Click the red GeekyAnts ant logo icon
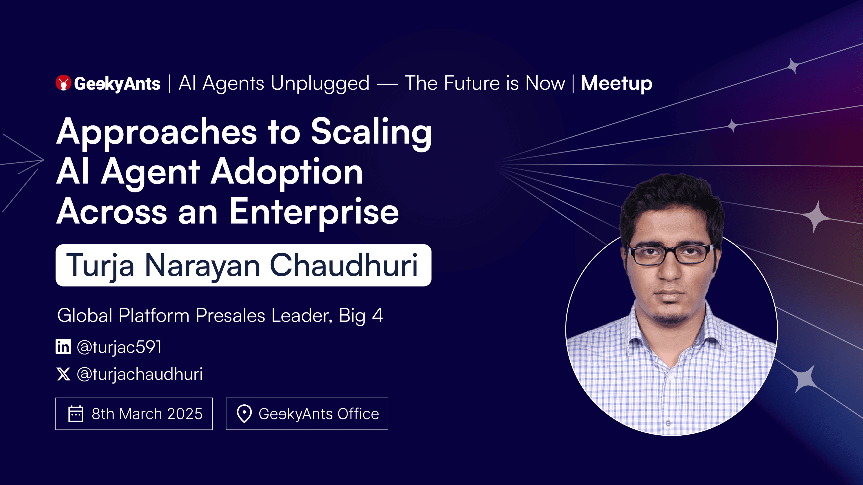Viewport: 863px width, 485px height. [x=63, y=83]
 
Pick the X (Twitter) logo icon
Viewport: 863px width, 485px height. [x=63, y=374]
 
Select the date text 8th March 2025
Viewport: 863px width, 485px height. [x=147, y=414]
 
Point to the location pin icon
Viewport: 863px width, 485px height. [x=244, y=414]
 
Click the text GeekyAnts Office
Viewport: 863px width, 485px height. [x=319, y=414]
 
